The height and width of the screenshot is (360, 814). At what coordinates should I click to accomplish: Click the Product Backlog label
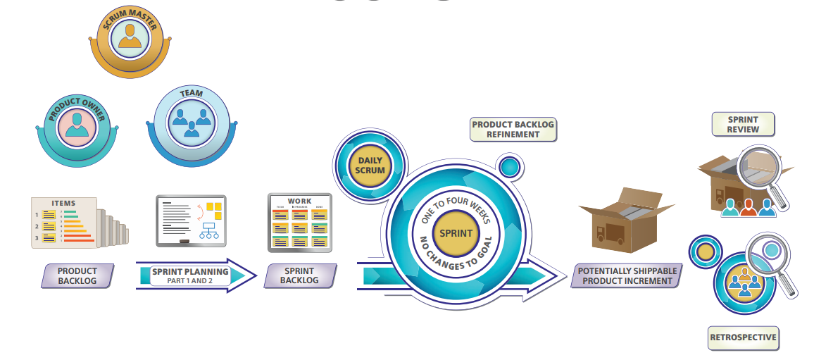(x=77, y=275)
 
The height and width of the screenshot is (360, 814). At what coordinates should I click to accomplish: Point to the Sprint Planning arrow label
(x=190, y=275)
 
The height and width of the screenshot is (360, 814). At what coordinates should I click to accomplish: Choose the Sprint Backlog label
(x=299, y=275)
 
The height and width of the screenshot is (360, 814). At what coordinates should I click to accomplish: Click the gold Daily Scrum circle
(x=370, y=165)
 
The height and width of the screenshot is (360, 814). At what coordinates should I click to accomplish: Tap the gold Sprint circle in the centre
(x=456, y=233)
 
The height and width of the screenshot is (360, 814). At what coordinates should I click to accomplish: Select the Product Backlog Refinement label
(x=513, y=129)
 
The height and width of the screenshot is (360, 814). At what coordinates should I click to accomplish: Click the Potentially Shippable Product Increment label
(x=627, y=275)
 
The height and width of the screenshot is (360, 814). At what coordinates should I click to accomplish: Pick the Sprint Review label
(x=743, y=125)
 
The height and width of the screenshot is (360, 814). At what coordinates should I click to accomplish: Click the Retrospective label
(x=743, y=337)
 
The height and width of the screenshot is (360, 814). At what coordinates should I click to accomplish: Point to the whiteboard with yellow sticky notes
(x=191, y=220)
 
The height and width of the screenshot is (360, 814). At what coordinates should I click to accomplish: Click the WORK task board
(x=299, y=222)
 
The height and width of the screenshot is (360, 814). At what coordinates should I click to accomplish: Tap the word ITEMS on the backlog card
(x=63, y=204)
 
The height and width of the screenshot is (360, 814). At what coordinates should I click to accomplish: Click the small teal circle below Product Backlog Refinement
(x=510, y=167)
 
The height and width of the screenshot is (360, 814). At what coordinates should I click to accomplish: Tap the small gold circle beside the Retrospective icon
(x=704, y=252)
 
